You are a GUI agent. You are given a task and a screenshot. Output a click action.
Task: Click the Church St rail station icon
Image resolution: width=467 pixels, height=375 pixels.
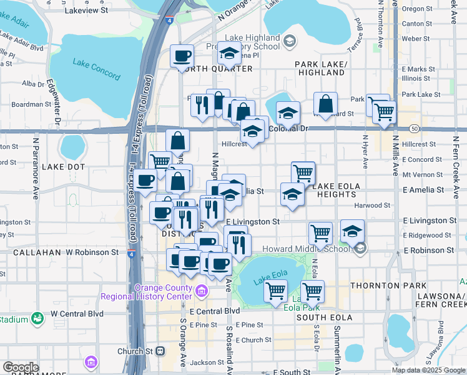pyautogui.click(x=160, y=351)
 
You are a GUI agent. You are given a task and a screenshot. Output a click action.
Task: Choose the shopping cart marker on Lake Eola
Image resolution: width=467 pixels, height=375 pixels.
pyautogui.click(x=275, y=291)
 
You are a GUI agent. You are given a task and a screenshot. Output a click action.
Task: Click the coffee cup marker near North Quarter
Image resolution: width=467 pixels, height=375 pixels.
pyautogui.click(x=182, y=57)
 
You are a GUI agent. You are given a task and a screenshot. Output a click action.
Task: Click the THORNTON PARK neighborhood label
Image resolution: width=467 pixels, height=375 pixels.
pyautogui.click(x=379, y=285)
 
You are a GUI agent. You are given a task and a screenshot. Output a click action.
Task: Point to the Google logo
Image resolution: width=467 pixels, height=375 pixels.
pyautogui.click(x=21, y=367)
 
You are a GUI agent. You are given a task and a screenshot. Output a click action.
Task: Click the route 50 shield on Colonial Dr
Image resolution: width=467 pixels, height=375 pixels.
pyautogui.click(x=415, y=128)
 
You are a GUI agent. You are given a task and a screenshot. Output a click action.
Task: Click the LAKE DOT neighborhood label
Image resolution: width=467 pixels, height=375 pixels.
pyautogui.click(x=63, y=167)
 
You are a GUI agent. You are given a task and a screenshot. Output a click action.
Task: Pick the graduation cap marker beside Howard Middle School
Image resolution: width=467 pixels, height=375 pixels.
pyautogui.click(x=352, y=231)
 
